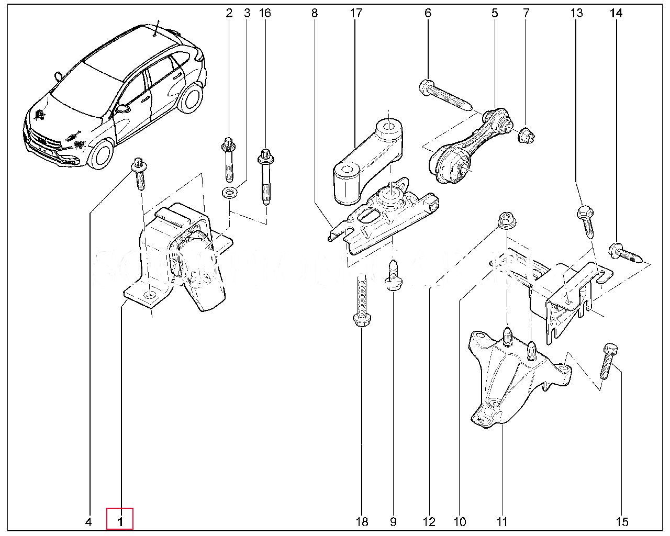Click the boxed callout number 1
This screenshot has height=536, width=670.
pyautogui.click(x=120, y=521)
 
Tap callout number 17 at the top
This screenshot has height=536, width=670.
pyautogui.click(x=356, y=13)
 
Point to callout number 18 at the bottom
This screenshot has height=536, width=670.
pyautogui.click(x=362, y=521)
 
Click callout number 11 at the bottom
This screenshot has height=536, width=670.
pyautogui.click(x=502, y=521)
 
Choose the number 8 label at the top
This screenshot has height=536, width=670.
pyautogui.click(x=314, y=13)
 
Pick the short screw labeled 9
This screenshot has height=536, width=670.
pyautogui.click(x=393, y=276)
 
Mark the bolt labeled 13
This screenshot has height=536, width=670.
pyautogui.click(x=586, y=220)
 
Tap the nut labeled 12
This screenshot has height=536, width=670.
pyautogui.click(x=506, y=220)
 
